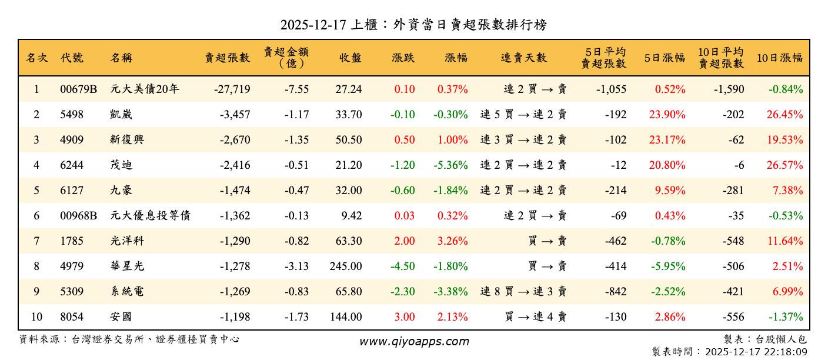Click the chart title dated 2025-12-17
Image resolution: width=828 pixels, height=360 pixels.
[x=413, y=25]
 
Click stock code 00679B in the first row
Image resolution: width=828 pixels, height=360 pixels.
[x=78, y=89]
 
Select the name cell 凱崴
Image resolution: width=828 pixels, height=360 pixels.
[x=122, y=115]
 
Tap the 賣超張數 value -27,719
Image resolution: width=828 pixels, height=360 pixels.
[x=232, y=89]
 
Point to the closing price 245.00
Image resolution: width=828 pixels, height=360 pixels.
[x=346, y=266]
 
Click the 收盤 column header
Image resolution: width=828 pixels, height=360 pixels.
[x=350, y=58]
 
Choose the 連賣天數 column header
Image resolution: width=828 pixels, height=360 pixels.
[x=523, y=58]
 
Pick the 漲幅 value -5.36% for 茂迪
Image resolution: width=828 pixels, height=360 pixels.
[x=450, y=165]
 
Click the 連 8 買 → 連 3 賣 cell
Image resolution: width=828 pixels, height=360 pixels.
[x=523, y=292]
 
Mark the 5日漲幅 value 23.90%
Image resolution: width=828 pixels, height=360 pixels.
[x=667, y=115]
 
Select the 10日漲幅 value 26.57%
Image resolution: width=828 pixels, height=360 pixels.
[x=784, y=165]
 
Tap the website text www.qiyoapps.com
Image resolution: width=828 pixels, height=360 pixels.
[x=414, y=342]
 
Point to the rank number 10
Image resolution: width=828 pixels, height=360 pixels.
[x=36, y=317]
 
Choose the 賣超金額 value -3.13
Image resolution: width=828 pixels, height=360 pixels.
[x=296, y=266]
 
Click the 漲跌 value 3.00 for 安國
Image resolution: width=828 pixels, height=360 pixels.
[x=405, y=317]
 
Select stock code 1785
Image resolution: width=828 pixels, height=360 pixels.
[x=72, y=241]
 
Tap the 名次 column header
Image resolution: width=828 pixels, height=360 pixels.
[x=36, y=58]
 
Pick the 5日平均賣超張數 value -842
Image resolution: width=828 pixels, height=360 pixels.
[x=615, y=292]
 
